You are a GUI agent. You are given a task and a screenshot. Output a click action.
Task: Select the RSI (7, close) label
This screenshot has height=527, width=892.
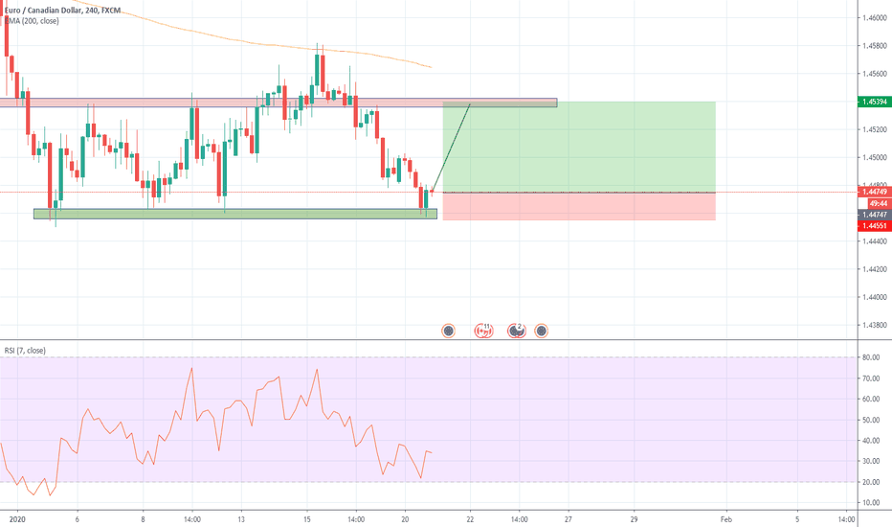pyautogui.click(x=25, y=350)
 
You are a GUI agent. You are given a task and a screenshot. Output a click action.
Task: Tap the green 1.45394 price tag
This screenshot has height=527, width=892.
pyautogui.click(x=873, y=102)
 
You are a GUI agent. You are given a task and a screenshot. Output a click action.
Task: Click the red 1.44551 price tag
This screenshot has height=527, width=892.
pyautogui.click(x=873, y=226)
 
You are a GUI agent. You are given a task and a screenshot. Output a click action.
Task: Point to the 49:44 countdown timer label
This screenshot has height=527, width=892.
pyautogui.click(x=875, y=204)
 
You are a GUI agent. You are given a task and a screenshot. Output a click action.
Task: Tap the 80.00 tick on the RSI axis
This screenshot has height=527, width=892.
pyautogui.click(x=870, y=357)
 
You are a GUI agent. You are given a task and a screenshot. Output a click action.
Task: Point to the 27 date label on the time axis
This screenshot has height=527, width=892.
pyautogui.click(x=568, y=518)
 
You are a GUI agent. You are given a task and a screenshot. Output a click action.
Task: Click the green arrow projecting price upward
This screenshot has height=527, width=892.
pyautogui.click(x=452, y=144)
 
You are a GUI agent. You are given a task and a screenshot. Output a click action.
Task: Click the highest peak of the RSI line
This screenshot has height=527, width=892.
pyautogui.click(x=192, y=368)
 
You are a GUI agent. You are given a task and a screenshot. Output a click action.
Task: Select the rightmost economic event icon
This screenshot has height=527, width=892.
pyautogui.click(x=542, y=331)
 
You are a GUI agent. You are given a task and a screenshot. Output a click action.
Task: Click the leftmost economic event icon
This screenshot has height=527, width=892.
pyautogui.click(x=448, y=331)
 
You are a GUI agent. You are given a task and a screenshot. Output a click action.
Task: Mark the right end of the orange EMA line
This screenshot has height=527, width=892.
pyautogui.click(x=432, y=67)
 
